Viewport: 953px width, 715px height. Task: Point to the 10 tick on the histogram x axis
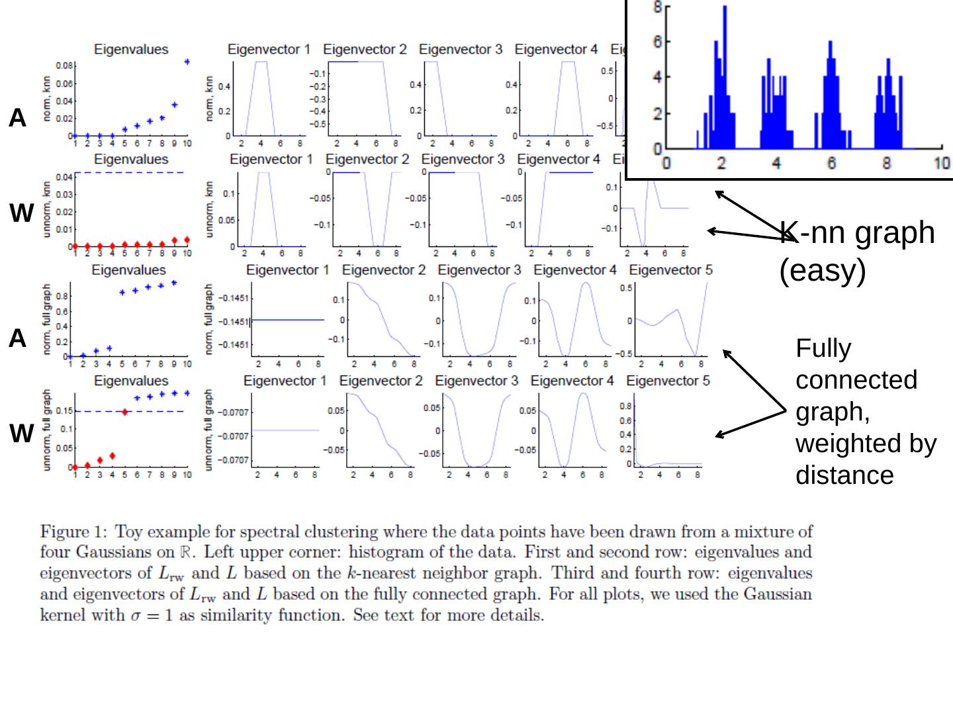pos(942,163)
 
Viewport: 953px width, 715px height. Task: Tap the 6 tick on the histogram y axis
pos(657,42)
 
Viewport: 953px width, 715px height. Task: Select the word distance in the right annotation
pos(844,475)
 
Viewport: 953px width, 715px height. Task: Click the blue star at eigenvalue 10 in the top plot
pos(187,62)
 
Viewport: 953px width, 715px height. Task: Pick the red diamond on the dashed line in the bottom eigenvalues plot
pos(124,412)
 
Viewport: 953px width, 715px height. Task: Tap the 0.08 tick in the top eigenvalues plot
pos(64,66)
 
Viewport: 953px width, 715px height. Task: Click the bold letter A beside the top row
pos(17,118)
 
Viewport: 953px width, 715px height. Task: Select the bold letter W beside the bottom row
pos(21,434)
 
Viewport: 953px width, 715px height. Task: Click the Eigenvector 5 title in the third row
pos(670,270)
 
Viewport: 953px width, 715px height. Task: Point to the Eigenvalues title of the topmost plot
pos(131,49)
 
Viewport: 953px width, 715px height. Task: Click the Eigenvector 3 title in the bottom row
pos(476,381)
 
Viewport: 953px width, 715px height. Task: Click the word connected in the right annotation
pos(856,380)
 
